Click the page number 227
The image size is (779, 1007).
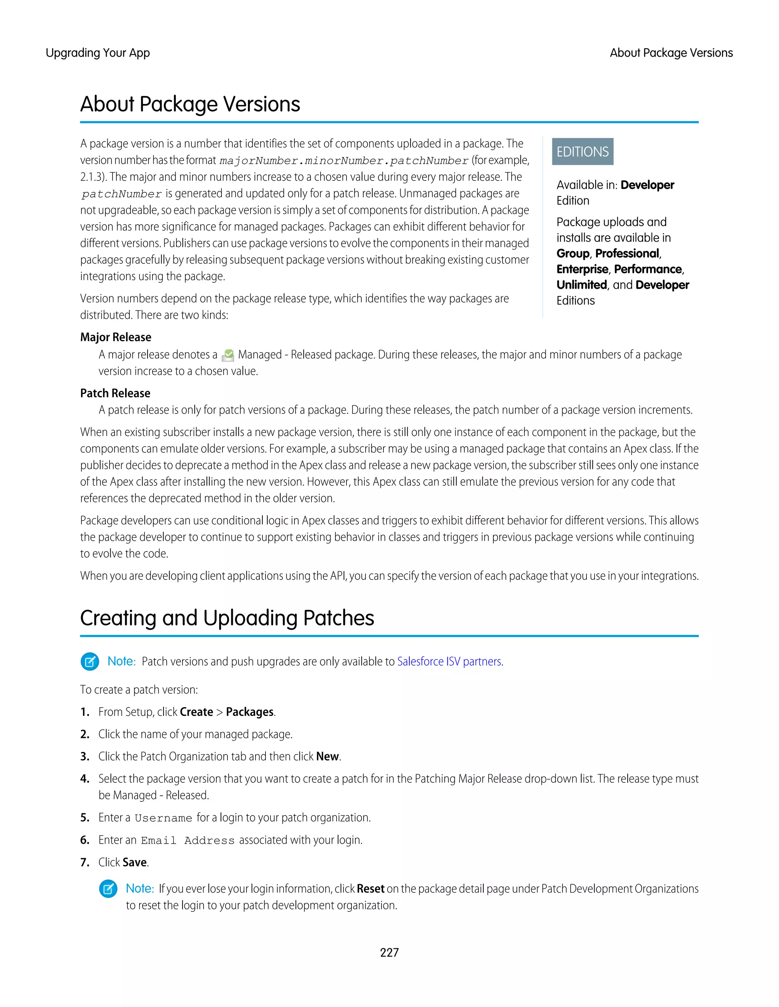coord(389,952)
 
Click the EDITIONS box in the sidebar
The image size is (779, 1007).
coord(582,152)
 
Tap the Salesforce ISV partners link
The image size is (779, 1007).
coord(450,661)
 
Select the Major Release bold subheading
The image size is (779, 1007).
coord(115,337)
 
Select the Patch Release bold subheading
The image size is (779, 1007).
coord(115,393)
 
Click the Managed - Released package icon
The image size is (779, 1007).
coord(228,355)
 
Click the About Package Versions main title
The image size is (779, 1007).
coord(190,104)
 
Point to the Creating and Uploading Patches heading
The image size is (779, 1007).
coord(227,618)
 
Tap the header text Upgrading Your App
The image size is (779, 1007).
coord(97,53)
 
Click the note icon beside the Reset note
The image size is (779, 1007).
coord(108,888)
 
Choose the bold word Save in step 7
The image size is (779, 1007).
coord(135,862)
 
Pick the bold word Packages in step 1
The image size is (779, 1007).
coord(250,712)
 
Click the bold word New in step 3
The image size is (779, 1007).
coord(327,756)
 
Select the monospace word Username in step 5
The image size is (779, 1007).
coord(163,818)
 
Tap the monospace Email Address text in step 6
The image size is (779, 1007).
coord(188,841)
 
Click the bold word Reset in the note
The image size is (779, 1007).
coord(370,888)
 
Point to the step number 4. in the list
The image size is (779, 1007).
coord(85,779)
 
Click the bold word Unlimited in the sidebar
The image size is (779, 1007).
coord(582,285)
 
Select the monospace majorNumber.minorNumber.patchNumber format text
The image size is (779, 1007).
coord(344,160)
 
